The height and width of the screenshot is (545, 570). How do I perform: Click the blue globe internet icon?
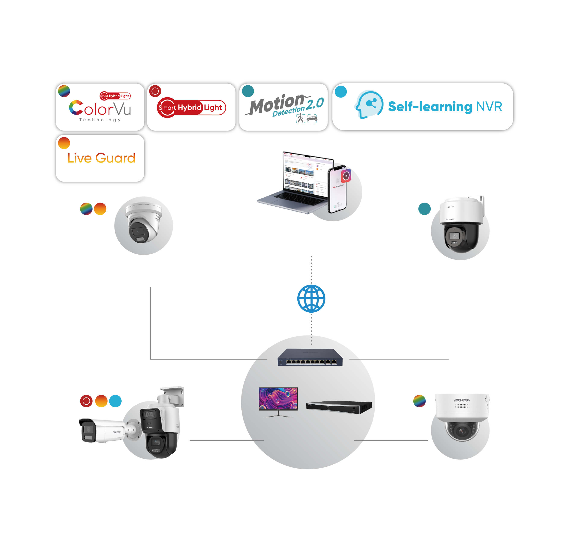(x=311, y=299)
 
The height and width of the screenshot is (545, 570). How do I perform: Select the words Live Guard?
(x=101, y=158)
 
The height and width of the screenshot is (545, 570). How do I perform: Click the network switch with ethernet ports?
(x=310, y=358)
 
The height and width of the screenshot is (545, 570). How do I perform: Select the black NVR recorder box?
(x=339, y=407)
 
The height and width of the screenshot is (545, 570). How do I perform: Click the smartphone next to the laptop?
(x=337, y=190)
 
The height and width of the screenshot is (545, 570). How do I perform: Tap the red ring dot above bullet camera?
(x=86, y=401)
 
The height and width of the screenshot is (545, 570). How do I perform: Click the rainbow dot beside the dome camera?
(x=419, y=401)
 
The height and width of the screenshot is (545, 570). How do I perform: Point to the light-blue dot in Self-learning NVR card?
(x=341, y=92)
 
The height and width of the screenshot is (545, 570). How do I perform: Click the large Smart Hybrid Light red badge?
(x=191, y=108)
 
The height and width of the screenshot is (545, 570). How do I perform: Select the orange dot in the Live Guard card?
(x=64, y=143)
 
